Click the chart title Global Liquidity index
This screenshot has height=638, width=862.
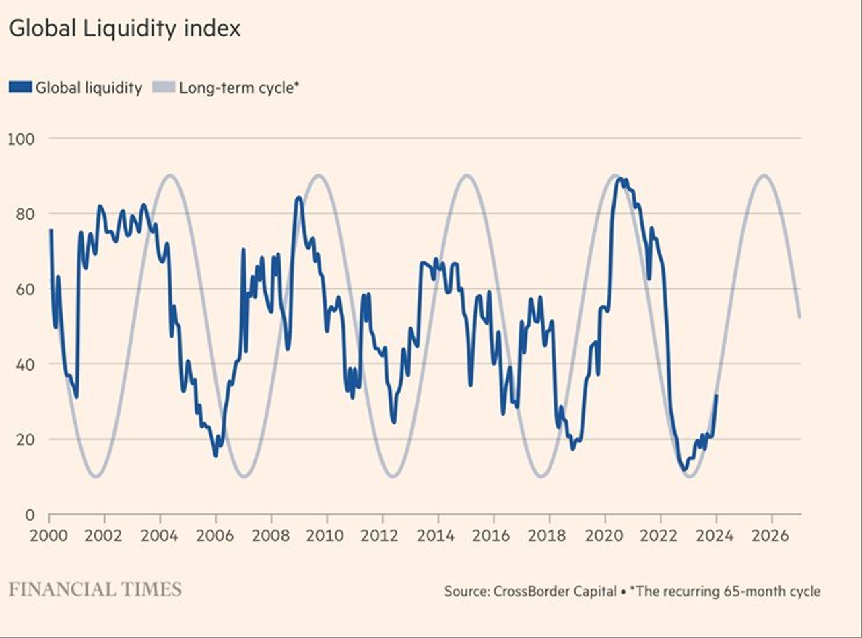(125, 30)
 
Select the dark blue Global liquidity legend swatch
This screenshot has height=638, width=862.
(20, 87)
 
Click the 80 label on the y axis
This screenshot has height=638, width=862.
(23, 214)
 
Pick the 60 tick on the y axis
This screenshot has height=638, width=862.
(23, 289)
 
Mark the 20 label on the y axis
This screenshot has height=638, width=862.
(23, 439)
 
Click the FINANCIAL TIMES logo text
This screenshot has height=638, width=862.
(95, 589)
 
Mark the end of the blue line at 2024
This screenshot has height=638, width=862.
(717, 395)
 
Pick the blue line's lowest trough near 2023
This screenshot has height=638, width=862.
(684, 470)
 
